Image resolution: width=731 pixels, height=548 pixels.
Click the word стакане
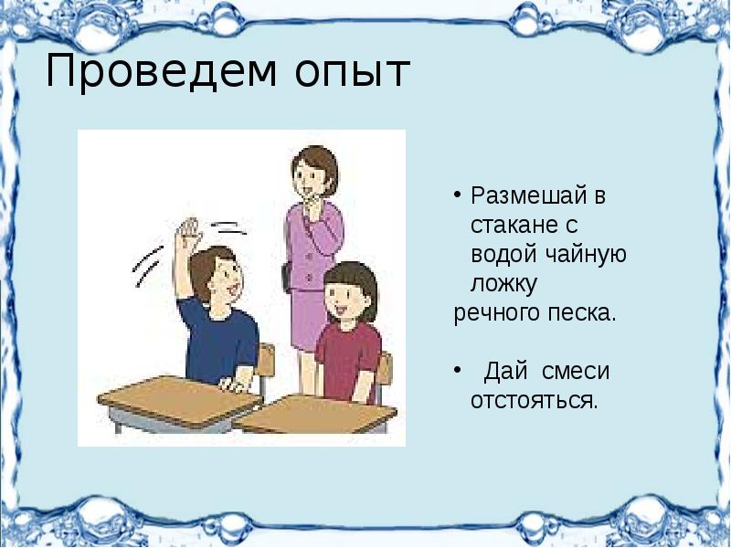[511, 224]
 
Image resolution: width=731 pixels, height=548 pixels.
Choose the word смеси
[575, 371]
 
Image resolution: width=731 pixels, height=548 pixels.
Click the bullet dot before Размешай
[460, 195]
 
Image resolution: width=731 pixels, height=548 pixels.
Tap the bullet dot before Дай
[460, 371]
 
